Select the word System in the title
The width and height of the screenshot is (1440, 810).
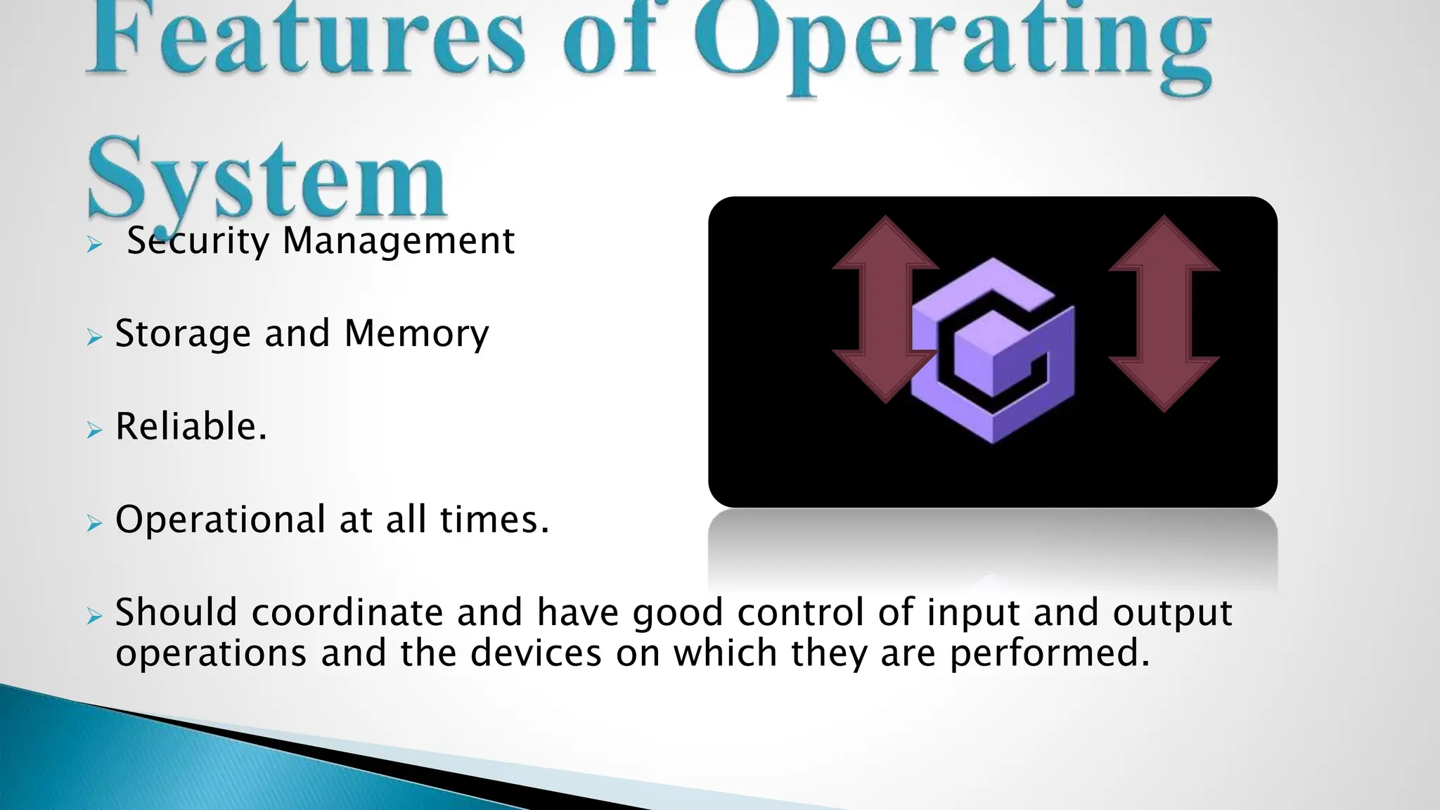(x=267, y=179)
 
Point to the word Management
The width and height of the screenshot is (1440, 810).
(x=399, y=242)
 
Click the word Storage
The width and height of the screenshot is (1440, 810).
(x=183, y=335)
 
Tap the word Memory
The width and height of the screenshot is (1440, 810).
(x=416, y=335)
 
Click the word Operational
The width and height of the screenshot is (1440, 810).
(x=220, y=521)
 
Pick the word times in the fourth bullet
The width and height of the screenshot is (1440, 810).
(x=494, y=520)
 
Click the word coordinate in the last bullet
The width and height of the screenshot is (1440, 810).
(x=347, y=612)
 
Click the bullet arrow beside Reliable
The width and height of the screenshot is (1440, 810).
(x=95, y=430)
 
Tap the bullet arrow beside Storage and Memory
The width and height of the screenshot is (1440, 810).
(x=95, y=337)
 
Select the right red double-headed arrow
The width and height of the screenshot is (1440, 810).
(x=1164, y=313)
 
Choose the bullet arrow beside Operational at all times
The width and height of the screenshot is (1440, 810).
(x=95, y=522)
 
